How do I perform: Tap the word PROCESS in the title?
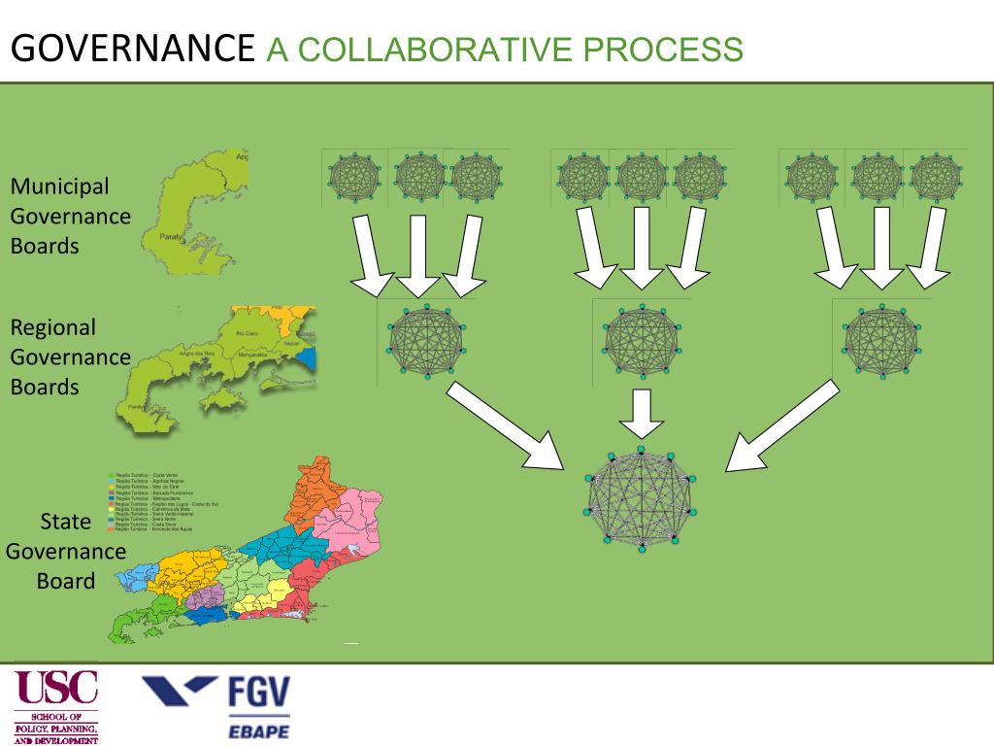(669, 49)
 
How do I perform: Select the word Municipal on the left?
(59, 186)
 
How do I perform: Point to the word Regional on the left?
(53, 327)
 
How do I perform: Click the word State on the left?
(66, 522)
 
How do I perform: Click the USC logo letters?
(57, 689)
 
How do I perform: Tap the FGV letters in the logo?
(258, 694)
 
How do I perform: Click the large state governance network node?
(641, 500)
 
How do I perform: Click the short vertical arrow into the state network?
(641, 413)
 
